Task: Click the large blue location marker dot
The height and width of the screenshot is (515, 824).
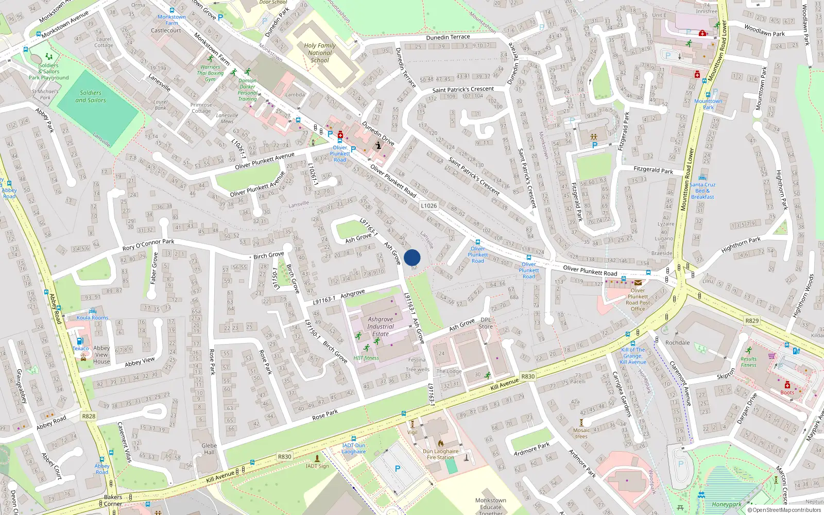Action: pyautogui.click(x=412, y=257)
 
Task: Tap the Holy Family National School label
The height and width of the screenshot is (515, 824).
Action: pyautogui.click(x=320, y=53)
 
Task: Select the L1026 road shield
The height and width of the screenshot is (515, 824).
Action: pyautogui.click(x=428, y=205)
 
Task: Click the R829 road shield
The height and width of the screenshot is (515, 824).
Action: pyautogui.click(x=752, y=320)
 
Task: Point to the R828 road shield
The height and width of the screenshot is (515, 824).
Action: pyautogui.click(x=89, y=416)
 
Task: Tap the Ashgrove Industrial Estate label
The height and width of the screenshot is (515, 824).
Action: pyautogui.click(x=381, y=327)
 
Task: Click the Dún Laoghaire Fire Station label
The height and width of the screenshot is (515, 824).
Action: pyautogui.click(x=440, y=454)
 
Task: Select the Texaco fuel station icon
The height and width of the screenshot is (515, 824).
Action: pyautogui.click(x=80, y=341)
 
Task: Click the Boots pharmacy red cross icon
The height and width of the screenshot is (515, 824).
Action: pyautogui.click(x=787, y=385)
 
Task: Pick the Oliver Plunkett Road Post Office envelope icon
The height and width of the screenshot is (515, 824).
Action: pyautogui.click(x=638, y=283)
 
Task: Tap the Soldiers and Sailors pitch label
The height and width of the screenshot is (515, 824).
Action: pyautogui.click(x=91, y=96)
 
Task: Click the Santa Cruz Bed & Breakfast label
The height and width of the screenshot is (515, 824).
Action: pyautogui.click(x=702, y=191)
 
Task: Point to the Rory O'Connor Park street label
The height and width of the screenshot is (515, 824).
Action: pyautogui.click(x=148, y=245)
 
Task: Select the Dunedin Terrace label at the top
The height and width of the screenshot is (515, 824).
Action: pyautogui.click(x=448, y=37)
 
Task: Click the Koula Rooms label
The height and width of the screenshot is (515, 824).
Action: pyautogui.click(x=93, y=318)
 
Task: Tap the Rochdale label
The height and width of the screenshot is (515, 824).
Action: pyautogui.click(x=677, y=342)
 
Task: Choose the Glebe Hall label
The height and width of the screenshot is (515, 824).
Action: pyautogui.click(x=209, y=449)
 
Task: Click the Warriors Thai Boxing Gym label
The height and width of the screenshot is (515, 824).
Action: pyautogui.click(x=210, y=73)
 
